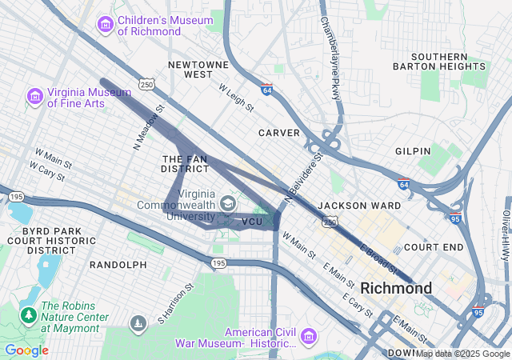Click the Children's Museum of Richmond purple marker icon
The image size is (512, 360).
click(x=106, y=25)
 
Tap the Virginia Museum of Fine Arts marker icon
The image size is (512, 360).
click(x=34, y=97)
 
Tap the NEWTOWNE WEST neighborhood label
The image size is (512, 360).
click(x=191, y=68)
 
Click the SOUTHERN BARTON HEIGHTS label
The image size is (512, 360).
click(x=439, y=62)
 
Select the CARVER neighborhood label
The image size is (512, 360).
click(x=279, y=132)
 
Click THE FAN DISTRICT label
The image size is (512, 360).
click(x=185, y=164)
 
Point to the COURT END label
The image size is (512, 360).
click(x=434, y=247)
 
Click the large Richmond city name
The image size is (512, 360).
click(x=396, y=287)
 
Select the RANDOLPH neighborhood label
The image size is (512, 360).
click(x=118, y=264)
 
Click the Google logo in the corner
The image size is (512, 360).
click(x=26, y=350)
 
